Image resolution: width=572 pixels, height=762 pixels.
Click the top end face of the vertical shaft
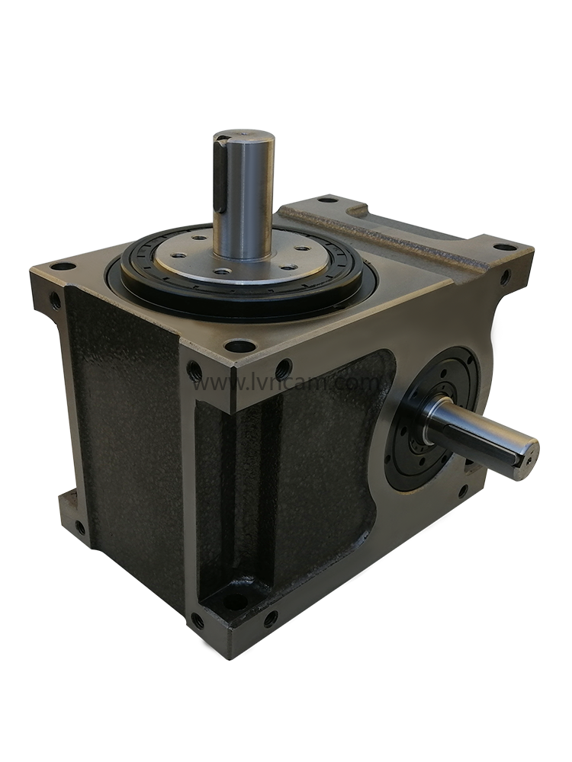[245, 139]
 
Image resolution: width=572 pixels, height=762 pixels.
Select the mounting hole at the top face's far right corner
[503, 247]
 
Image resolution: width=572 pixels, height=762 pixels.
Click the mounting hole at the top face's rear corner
[327, 200]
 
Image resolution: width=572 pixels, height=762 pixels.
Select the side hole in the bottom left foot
[79, 527]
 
